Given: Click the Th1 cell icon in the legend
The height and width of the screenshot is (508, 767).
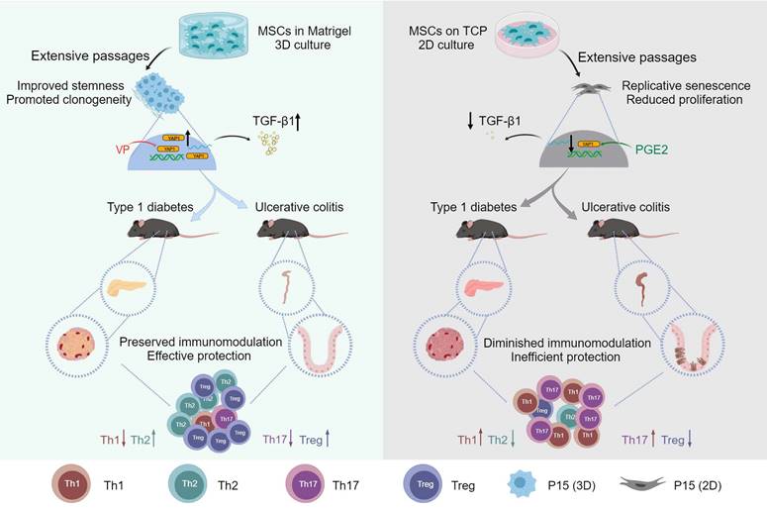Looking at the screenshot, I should click(70, 485).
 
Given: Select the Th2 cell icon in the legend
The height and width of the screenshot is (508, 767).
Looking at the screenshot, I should click(188, 485).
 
